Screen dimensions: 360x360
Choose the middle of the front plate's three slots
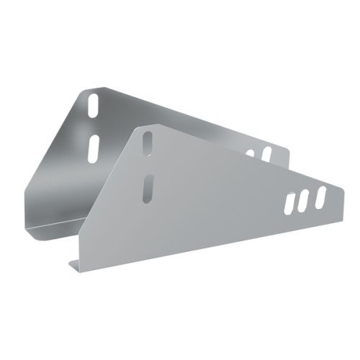pyautogui.click(x=305, y=199)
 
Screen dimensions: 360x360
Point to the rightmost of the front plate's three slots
pyautogui.click(x=320, y=194)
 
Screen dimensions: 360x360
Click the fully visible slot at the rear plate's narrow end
pyautogui.click(x=266, y=153)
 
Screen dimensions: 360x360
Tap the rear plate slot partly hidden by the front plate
pyautogui.click(x=251, y=153)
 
